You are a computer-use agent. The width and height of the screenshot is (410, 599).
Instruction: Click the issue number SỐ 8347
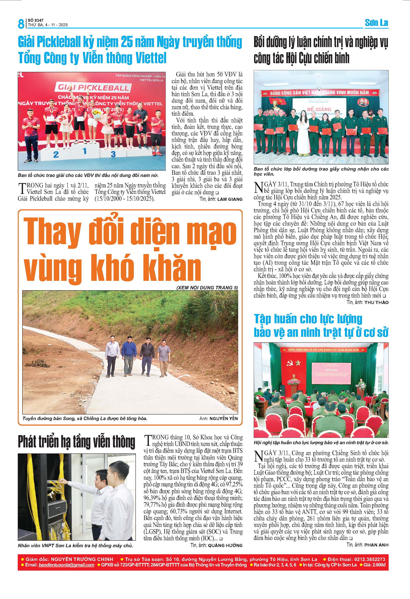[35, 20]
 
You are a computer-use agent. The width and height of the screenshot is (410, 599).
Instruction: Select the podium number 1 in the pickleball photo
[85, 151]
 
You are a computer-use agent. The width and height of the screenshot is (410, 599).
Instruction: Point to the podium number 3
[113, 154]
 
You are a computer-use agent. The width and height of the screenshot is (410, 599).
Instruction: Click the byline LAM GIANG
[230, 199]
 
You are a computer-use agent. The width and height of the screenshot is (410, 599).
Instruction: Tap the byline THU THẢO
[376, 302]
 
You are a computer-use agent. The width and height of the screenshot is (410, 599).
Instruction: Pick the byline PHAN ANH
[376, 545]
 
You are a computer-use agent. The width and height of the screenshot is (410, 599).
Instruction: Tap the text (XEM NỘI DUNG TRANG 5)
[207, 288]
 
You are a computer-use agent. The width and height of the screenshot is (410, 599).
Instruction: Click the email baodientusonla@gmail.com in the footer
[66, 565]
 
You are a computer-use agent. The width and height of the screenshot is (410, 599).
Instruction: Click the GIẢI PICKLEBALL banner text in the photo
[93, 88]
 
